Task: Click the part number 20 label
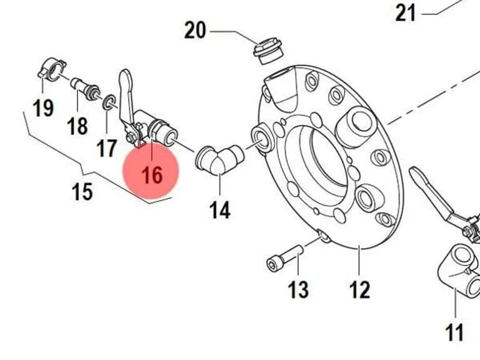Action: tap(195, 30)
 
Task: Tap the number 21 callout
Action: tap(406, 13)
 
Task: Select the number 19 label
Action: tap(43, 108)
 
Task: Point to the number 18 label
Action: tap(77, 126)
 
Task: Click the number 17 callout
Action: tap(107, 148)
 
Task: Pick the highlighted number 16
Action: tap(152, 176)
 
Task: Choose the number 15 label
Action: tap(82, 192)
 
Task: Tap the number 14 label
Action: tap(220, 210)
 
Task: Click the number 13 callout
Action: tap(299, 289)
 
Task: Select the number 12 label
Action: tap(360, 289)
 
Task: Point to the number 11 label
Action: tap(454, 332)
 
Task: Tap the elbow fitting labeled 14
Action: tap(220, 159)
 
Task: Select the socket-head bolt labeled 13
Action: tap(285, 258)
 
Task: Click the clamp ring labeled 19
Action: tap(52, 70)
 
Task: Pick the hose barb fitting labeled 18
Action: tap(86, 88)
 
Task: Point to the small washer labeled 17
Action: tap(109, 102)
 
